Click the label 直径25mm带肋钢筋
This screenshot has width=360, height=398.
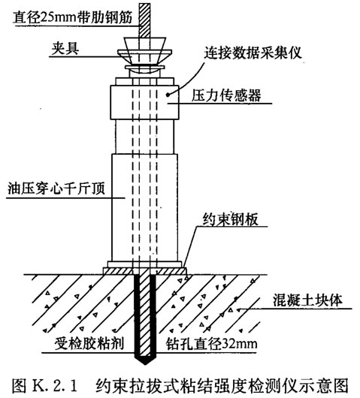73,18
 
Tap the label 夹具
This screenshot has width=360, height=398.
65,48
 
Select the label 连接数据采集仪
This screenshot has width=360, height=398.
253,53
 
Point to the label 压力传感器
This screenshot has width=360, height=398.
226,95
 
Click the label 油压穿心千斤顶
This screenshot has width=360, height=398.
56,188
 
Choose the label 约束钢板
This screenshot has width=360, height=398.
231,219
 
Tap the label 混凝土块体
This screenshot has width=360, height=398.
307,300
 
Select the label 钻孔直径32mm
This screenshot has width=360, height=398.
212,344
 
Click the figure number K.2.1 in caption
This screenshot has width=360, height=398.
54,385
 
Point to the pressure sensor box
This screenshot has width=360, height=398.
144,102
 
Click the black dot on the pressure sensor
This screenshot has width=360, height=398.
168,95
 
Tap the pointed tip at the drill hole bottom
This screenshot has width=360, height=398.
145,364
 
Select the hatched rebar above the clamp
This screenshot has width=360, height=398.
145,20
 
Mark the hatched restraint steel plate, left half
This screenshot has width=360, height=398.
118,271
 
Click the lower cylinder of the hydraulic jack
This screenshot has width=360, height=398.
145,207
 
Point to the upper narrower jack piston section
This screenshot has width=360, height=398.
145,137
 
